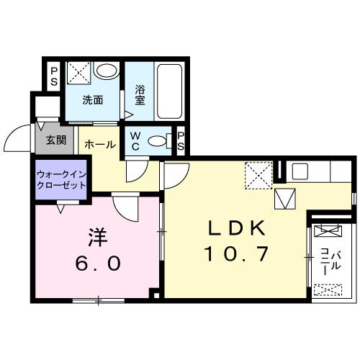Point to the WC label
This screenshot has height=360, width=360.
coord(135,141)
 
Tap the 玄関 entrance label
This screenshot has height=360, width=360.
coord(55,140)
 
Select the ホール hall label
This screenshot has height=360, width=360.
coord(100,145)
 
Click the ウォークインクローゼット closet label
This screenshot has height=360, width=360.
coord(61,179)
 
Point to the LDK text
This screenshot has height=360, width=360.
coord(238,229)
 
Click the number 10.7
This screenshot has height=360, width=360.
coord(238,253)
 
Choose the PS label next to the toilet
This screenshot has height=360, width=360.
coord(181,141)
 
